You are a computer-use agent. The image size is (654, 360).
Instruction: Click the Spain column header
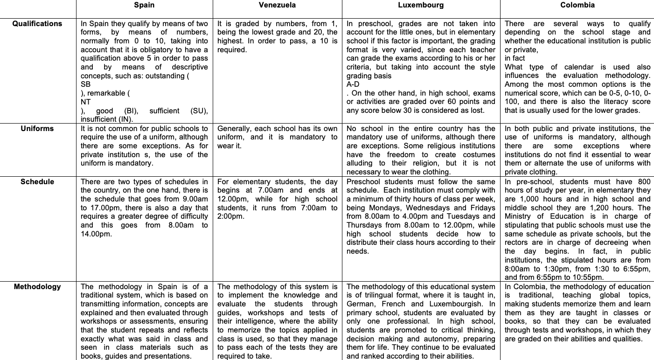click(144, 6)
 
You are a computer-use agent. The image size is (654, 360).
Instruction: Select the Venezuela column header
click(277, 6)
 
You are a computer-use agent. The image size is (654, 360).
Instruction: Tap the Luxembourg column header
click(421, 6)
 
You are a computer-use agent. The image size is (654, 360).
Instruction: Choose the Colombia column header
click(577, 6)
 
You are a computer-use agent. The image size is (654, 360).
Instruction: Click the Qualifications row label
click(37, 24)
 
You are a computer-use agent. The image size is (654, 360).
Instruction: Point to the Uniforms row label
click(37, 129)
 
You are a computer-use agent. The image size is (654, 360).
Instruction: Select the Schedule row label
click(37, 182)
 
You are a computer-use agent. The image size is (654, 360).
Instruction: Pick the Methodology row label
click(37, 287)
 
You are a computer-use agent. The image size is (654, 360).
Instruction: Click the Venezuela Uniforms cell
click(277, 137)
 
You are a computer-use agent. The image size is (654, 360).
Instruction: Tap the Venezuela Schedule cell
click(277, 199)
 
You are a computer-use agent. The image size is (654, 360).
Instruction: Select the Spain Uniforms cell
click(144, 146)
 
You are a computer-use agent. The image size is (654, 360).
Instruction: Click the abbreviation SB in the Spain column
click(86, 84)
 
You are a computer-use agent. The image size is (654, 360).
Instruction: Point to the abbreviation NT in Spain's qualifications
click(86, 102)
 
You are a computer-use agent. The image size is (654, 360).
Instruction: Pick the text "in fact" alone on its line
click(515, 58)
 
